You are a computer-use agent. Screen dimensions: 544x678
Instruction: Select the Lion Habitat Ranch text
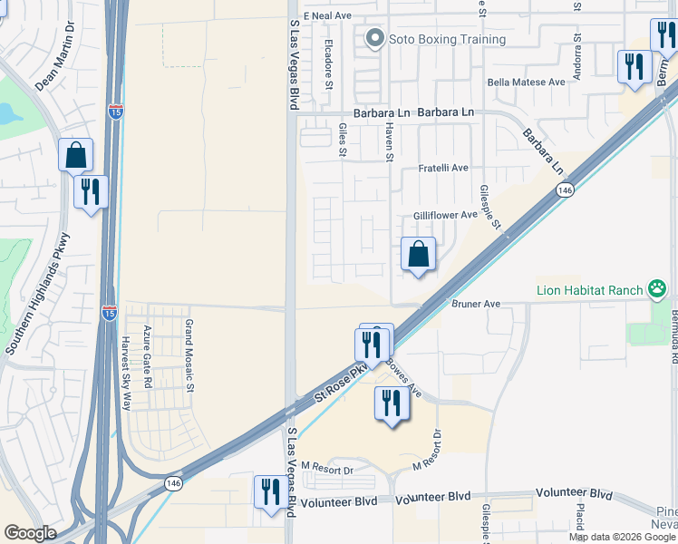[x=587, y=290]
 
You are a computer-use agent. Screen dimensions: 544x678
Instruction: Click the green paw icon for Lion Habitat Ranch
[x=656, y=290]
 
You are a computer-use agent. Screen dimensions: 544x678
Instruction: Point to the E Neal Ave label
[x=327, y=16]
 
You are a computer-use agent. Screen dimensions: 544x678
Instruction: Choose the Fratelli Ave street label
[x=443, y=169]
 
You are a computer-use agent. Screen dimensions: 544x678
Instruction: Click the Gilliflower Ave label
[x=445, y=215]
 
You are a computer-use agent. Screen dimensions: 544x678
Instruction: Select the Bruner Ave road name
[x=476, y=304]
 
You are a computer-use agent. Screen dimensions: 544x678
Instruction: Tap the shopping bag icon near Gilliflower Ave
[x=418, y=255]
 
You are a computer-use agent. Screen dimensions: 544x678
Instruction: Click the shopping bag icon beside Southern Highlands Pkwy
[x=75, y=155]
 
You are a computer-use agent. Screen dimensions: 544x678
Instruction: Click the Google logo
[x=30, y=533]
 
